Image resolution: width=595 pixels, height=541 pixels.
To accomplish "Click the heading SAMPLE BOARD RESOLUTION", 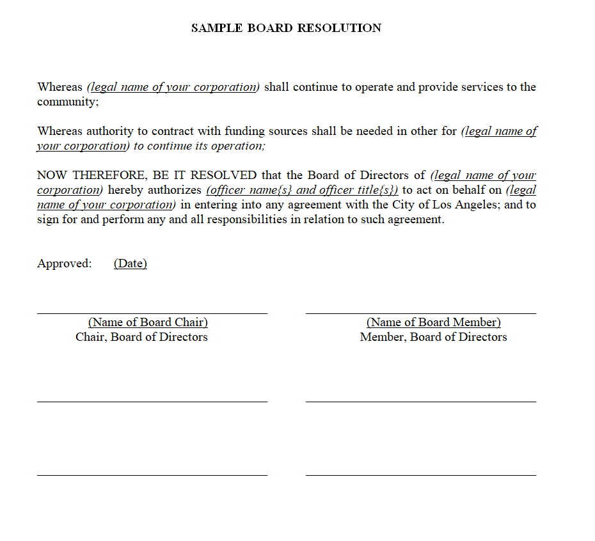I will [x=286, y=28].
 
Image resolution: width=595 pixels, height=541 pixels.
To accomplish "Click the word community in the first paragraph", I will [x=67, y=102].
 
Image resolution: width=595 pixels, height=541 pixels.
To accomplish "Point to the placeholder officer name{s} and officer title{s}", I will [x=302, y=190].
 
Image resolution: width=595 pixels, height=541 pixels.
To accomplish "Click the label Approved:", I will [x=65, y=263].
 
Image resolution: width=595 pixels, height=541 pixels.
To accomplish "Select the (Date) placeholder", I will [x=131, y=263].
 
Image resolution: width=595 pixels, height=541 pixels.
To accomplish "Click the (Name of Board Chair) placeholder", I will [x=148, y=322].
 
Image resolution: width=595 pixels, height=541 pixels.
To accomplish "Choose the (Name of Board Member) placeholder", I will [x=433, y=322].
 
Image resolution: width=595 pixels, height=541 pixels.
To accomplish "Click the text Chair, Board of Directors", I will [x=141, y=337].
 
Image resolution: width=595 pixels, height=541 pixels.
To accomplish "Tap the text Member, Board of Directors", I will [x=433, y=337].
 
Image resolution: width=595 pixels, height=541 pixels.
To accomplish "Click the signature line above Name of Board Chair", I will [x=152, y=313].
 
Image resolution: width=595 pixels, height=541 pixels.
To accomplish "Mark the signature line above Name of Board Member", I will [x=421, y=313].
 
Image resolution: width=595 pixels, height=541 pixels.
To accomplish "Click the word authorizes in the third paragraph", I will [x=174, y=190].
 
